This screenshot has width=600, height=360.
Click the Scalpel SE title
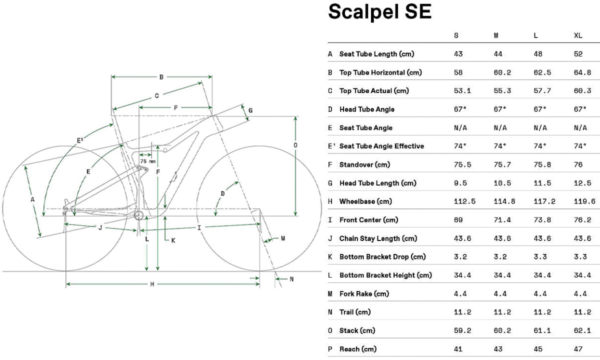pyautogui.click(x=379, y=12)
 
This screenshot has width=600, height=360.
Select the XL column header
pyautogui.click(x=578, y=35)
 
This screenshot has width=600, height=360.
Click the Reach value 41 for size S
pyautogui.click(x=458, y=349)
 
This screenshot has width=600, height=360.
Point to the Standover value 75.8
pyautogui.click(x=542, y=164)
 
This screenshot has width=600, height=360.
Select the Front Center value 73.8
pyautogui.click(x=542, y=220)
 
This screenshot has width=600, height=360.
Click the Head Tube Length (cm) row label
pyautogui.click(x=377, y=183)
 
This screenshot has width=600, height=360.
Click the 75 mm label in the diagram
pyautogui.click(x=147, y=161)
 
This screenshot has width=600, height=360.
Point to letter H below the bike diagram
pyautogui.click(x=152, y=284)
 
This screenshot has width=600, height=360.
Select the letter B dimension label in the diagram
pyautogui.click(x=161, y=77)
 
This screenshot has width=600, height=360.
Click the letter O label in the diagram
pyautogui.click(x=296, y=145)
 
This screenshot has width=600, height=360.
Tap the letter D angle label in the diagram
pyautogui.click(x=223, y=193)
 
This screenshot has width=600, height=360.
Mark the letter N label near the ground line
pyautogui.click(x=292, y=279)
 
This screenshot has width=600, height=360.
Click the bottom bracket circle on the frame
pyautogui.click(x=139, y=215)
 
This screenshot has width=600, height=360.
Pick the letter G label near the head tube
pyautogui.click(x=250, y=110)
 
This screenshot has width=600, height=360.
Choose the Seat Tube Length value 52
pyautogui.click(x=578, y=54)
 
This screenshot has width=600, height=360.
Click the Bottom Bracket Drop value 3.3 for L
pyautogui.click(x=540, y=257)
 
